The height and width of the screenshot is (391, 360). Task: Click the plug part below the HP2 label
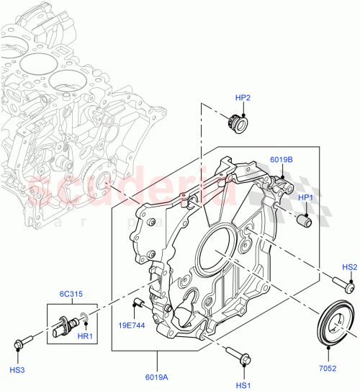tap(237, 125)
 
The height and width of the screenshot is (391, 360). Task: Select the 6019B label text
tap(282, 161)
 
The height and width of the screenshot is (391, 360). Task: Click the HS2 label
tap(349, 267)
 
